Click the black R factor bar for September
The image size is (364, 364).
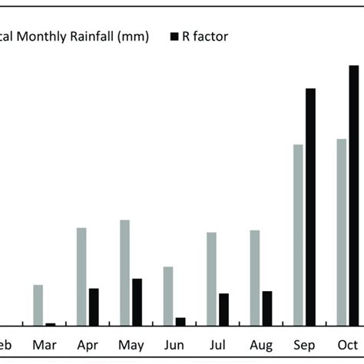point(310,207)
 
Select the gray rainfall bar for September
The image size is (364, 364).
point(298,235)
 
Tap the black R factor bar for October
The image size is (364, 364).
point(353,196)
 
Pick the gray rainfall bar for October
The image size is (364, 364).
point(341,232)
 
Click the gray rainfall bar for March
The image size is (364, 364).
point(38,306)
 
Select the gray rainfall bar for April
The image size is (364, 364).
point(81,276)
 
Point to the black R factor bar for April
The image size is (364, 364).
point(94,307)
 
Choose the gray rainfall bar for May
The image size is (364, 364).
point(124,273)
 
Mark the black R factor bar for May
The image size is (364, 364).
point(137,303)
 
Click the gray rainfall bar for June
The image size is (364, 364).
point(168,296)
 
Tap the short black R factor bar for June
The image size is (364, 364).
point(180,322)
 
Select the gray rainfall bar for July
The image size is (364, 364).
point(211,279)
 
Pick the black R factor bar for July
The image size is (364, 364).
point(223,309)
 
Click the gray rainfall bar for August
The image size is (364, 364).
point(254,278)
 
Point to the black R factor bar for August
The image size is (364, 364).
point(266,309)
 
